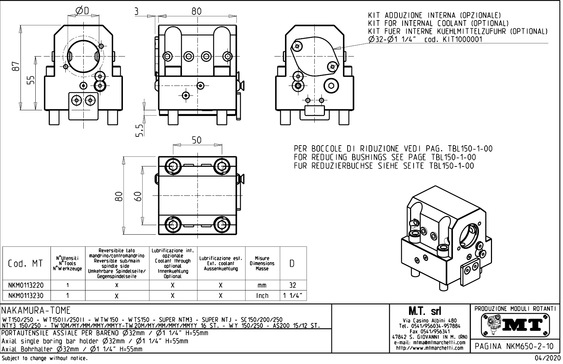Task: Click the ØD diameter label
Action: (82, 11)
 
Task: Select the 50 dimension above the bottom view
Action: (197, 140)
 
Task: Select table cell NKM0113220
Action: (26, 285)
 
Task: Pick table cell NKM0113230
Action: (26, 295)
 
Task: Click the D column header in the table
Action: (292, 264)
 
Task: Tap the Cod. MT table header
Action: (26, 264)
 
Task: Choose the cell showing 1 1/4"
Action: (293, 295)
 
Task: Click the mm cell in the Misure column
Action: (262, 285)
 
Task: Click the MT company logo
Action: (515, 324)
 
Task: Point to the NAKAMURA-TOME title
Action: (36, 311)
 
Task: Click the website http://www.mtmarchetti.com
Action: (429, 348)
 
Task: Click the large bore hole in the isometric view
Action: (469, 236)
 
